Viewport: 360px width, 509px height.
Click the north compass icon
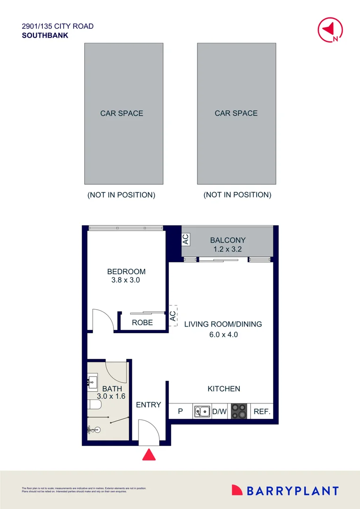coord(330,30)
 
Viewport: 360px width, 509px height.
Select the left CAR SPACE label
coord(122,113)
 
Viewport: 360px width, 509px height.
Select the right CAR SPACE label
coord(236,113)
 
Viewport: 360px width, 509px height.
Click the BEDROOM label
coord(126,271)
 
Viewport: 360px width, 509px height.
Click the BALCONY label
coord(228,240)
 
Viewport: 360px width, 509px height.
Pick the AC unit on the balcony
coord(186,239)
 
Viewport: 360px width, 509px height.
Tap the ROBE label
coord(142,323)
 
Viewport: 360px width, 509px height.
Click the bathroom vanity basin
coord(92,380)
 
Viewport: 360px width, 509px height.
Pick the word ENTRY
coord(148,405)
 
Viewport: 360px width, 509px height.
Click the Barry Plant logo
coord(285,491)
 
